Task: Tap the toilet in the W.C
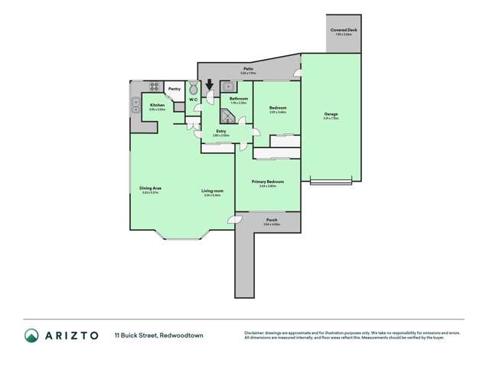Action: pyautogui.click(x=193, y=87)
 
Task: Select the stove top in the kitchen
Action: pyautogui.click(x=154, y=87)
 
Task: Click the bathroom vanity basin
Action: pyautogui.click(x=227, y=87)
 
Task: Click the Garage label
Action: pyautogui.click(x=330, y=114)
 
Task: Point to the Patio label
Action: pyautogui.click(x=249, y=69)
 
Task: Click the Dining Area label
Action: pyautogui.click(x=150, y=188)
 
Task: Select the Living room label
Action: pyautogui.click(x=211, y=191)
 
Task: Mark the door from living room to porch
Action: pyautogui.click(x=232, y=221)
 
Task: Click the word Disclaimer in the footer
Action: pyautogui.click(x=256, y=332)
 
